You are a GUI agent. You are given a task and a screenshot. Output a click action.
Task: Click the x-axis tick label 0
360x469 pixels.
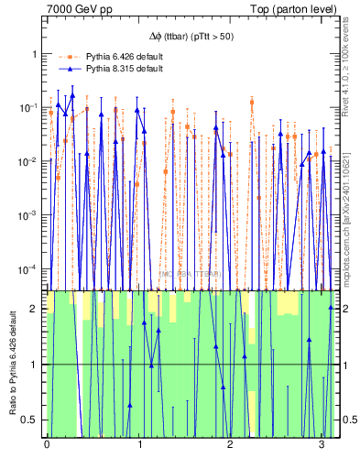(x=47, y=444)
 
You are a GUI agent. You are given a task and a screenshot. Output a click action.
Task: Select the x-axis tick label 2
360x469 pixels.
(x=230, y=444)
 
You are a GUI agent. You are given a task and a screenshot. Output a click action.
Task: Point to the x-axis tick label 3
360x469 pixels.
(x=322, y=444)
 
